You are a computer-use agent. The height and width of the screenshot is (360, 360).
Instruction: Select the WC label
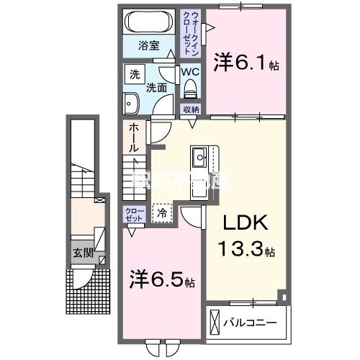pyautogui.click(x=189, y=73)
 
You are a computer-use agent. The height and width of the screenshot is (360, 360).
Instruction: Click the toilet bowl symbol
pyautogui.click(x=191, y=89)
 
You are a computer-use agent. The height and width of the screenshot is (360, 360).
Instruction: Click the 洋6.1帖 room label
pyautogui.click(x=245, y=64)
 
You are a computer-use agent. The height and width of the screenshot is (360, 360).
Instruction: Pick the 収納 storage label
pyautogui.click(x=191, y=109)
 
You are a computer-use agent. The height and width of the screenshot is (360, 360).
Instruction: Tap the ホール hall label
pyautogui.click(x=134, y=137)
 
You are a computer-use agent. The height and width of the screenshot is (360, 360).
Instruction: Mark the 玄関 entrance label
pyautogui.click(x=83, y=253)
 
